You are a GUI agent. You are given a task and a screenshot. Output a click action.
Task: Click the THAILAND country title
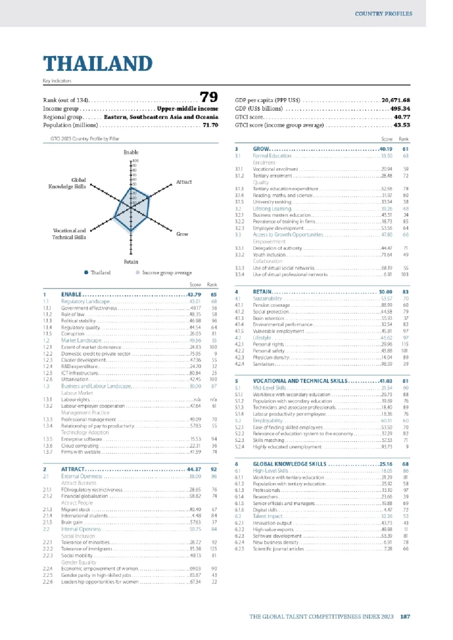pos(98,64)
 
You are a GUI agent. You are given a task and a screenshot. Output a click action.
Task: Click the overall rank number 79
pos(209,97)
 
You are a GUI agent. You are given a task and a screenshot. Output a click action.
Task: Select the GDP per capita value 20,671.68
pos(395,100)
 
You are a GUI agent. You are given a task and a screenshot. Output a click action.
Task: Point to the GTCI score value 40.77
pos(402,117)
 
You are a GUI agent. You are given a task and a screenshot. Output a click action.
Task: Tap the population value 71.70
pos(210,125)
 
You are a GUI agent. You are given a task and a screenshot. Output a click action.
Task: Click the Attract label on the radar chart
pos(184,182)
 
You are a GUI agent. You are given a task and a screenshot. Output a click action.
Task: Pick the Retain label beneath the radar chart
pos(131,262)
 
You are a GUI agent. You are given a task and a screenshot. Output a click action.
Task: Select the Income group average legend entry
pos(167,273)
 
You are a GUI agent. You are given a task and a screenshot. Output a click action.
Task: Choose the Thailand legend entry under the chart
pos(100,273)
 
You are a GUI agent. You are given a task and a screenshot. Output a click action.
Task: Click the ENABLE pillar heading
pos(71,295)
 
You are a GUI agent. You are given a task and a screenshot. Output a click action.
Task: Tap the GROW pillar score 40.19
pos(386,149)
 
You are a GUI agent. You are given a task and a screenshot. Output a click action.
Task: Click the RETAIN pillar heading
pos(262,292)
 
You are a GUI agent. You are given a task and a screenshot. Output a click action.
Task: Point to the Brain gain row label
pos(72,522)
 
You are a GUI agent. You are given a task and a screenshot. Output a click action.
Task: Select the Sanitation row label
pos(263,364)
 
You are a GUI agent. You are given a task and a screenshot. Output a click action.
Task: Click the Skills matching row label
pos(268,440)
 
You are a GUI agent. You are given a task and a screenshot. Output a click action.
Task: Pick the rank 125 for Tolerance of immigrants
pos(214,549)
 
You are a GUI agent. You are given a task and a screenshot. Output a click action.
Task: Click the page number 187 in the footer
pos(405,616)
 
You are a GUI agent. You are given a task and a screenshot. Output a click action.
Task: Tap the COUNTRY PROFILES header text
pos(383,14)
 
